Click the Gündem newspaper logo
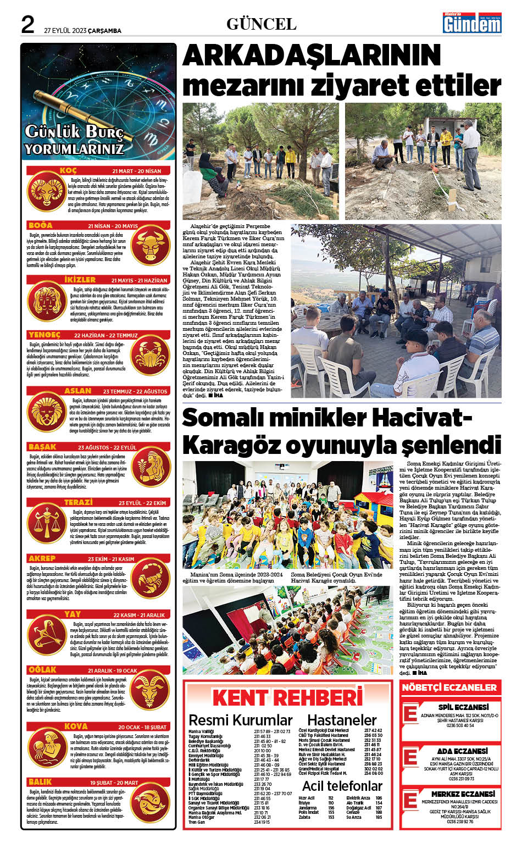click(472, 23)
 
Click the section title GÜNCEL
click(261, 24)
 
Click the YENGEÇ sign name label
click(45, 335)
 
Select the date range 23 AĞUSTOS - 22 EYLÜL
click(107, 447)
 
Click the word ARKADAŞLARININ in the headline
click(312, 56)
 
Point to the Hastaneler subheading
click(341, 720)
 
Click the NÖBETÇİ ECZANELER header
click(449, 687)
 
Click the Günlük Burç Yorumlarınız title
click(74, 140)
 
